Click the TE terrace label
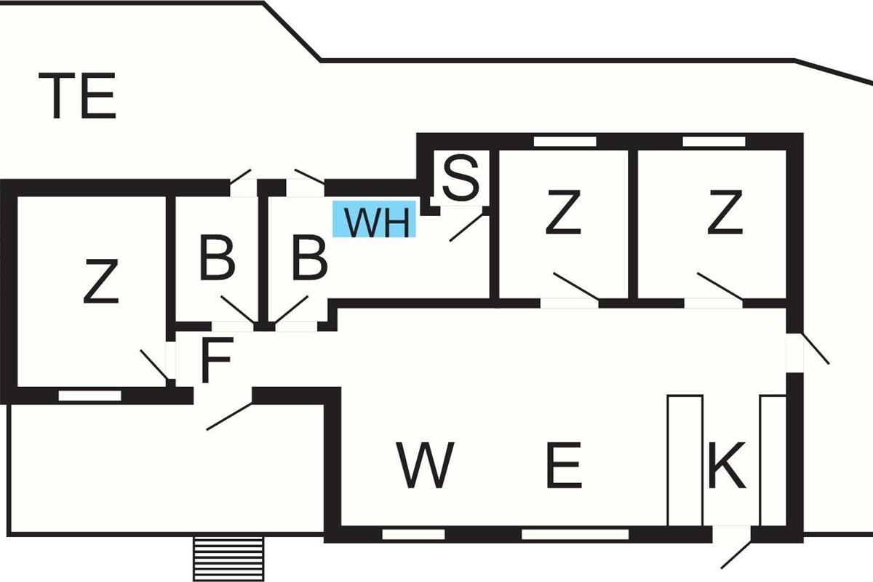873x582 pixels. click(x=81, y=96)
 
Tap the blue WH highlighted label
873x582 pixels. click(x=375, y=220)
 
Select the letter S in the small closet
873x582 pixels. click(x=461, y=179)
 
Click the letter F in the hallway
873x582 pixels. click(x=216, y=360)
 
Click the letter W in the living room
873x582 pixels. click(x=426, y=466)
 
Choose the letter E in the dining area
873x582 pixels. click(x=563, y=466)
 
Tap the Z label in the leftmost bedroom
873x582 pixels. click(x=100, y=282)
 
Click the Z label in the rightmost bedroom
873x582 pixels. click(x=725, y=212)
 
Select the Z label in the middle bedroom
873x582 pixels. click(x=563, y=212)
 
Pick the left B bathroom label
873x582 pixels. click(x=217, y=258)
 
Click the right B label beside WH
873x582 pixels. click(x=309, y=258)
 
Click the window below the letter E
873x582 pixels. click(x=575, y=535)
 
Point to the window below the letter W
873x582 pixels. click(x=413, y=535)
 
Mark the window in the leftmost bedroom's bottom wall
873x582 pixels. click(x=90, y=395)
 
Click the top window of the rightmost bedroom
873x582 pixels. click(x=713, y=141)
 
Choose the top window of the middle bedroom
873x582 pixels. click(x=565, y=141)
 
